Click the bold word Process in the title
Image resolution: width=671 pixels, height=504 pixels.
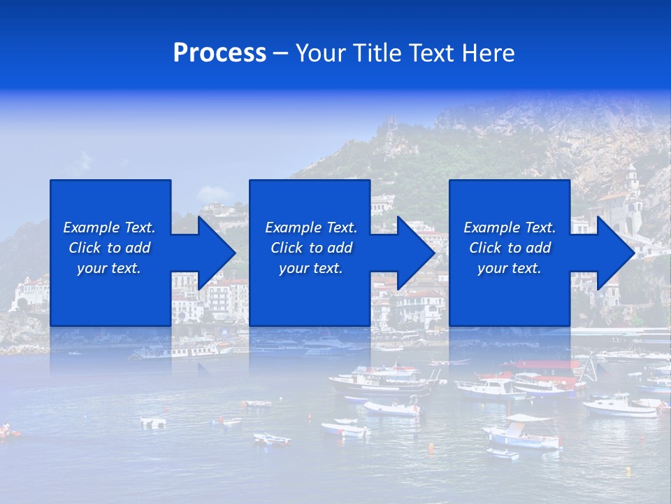(x=219, y=53)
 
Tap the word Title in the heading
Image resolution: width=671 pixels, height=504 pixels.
(x=376, y=53)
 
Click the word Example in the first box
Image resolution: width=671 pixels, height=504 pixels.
(x=91, y=227)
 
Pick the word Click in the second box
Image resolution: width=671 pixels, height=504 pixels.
(x=286, y=248)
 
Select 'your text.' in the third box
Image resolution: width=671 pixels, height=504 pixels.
(x=509, y=268)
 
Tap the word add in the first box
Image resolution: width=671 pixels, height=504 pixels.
(x=138, y=248)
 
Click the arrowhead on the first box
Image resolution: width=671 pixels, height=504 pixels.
(x=217, y=253)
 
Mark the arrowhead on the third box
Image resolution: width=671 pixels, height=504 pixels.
(x=616, y=253)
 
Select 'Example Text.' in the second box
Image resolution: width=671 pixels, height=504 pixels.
(x=311, y=227)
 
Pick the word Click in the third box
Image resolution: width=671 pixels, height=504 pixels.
(x=485, y=248)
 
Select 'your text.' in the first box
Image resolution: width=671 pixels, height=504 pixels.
(x=109, y=268)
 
